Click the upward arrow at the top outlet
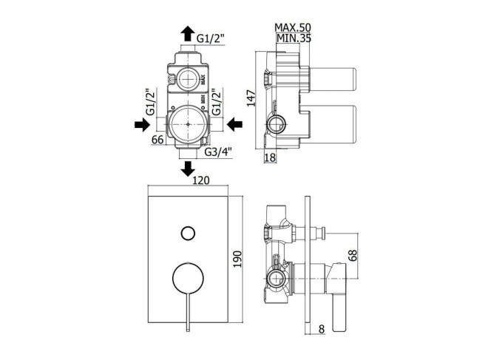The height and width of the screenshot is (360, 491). [x=188, y=33]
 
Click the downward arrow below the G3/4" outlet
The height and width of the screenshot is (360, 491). [x=188, y=169]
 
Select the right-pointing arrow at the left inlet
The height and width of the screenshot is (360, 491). [x=142, y=125]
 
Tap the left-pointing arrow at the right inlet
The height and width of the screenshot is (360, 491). [x=234, y=125]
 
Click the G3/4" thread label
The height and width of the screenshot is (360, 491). [x=218, y=152]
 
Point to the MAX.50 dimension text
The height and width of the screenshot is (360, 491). [x=293, y=27]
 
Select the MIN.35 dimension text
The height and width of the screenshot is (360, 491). [x=294, y=38]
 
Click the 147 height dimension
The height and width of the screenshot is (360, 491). [x=251, y=98]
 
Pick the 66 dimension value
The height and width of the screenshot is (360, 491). [x=158, y=139]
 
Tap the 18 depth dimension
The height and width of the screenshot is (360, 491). [x=270, y=157]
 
